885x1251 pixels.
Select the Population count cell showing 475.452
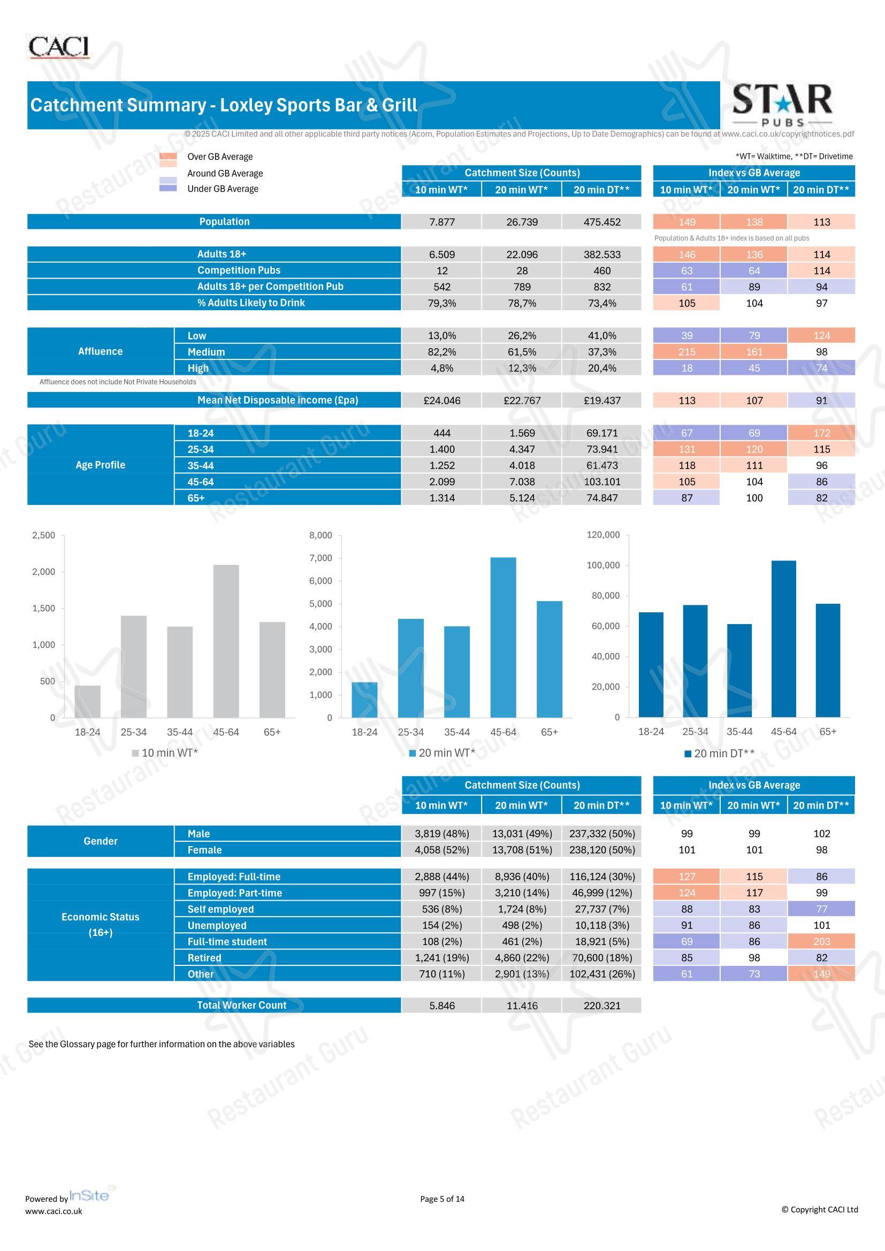pyautogui.click(x=601, y=222)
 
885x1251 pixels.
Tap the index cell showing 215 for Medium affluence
pyautogui.click(x=686, y=352)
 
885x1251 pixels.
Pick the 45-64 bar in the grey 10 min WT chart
pyautogui.click(x=226, y=641)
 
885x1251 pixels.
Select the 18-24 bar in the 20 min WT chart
pyautogui.click(x=364, y=700)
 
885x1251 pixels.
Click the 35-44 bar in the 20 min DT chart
pyautogui.click(x=739, y=671)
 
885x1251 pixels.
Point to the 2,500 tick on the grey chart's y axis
pyautogui.click(x=44, y=535)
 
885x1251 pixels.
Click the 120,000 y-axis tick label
pyautogui.click(x=603, y=534)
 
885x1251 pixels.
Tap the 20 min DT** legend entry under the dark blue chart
pyautogui.click(x=719, y=754)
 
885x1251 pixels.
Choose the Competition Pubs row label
pyautogui.click(x=239, y=270)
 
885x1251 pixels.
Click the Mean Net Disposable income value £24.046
pyautogui.click(x=442, y=401)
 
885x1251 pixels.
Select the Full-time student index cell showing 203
pyautogui.click(x=821, y=941)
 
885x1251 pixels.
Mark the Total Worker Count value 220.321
pyautogui.click(x=601, y=1006)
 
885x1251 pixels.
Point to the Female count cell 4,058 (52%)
pyautogui.click(x=442, y=850)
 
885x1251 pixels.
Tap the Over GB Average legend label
pyautogui.click(x=220, y=157)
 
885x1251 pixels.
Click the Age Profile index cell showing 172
pyautogui.click(x=821, y=433)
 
